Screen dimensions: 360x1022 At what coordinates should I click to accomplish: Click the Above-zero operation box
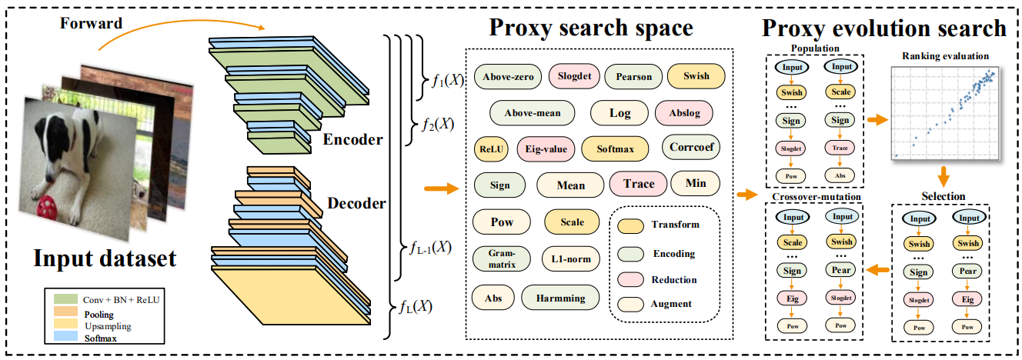pyautogui.click(x=507, y=76)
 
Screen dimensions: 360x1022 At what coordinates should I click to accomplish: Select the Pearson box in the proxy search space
pyautogui.click(x=633, y=76)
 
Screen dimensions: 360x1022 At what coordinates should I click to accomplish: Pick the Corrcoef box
pyautogui.click(x=691, y=147)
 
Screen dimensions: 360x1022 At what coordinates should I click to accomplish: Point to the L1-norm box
pyautogui.click(x=571, y=258)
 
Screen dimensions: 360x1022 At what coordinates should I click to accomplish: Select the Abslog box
pyautogui.click(x=683, y=113)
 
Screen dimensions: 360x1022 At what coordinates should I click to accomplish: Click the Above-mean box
pyautogui.click(x=532, y=113)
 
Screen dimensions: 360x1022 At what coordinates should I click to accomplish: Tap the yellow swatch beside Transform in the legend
pyautogui.click(x=631, y=225)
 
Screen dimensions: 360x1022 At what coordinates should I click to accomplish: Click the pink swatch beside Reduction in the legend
pyautogui.click(x=631, y=280)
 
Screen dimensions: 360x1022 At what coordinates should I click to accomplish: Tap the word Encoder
pyautogui.click(x=352, y=140)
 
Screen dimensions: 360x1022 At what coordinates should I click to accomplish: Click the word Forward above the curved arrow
pyautogui.click(x=91, y=23)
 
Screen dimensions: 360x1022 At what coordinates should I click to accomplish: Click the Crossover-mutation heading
pyautogui.click(x=817, y=197)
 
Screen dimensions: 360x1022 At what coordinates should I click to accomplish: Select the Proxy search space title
pyautogui.click(x=590, y=28)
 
